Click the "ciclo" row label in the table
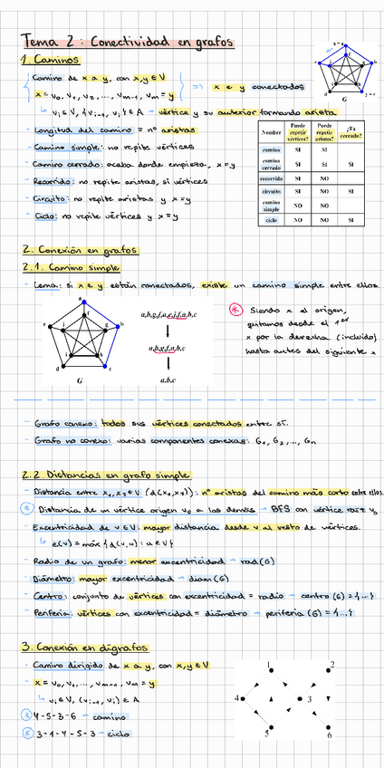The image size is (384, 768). coord(271,220)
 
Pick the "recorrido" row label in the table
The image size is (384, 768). coord(271,178)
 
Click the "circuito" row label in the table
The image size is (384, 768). coord(271,192)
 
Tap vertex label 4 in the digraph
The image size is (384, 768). coord(237,699)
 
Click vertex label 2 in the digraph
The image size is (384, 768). coord(332,665)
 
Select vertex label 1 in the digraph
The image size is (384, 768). coord(270,667)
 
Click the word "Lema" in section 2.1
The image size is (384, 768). coord(44,286)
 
